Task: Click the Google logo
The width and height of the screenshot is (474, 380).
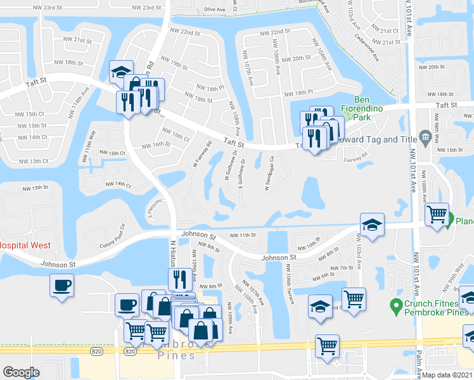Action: [22, 372]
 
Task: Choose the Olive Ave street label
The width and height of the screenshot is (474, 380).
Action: [215, 10]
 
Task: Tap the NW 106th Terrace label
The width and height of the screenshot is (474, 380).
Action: [290, 289]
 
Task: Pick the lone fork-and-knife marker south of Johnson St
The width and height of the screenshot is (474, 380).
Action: [179, 278]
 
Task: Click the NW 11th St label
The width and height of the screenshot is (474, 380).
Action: [242, 235]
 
